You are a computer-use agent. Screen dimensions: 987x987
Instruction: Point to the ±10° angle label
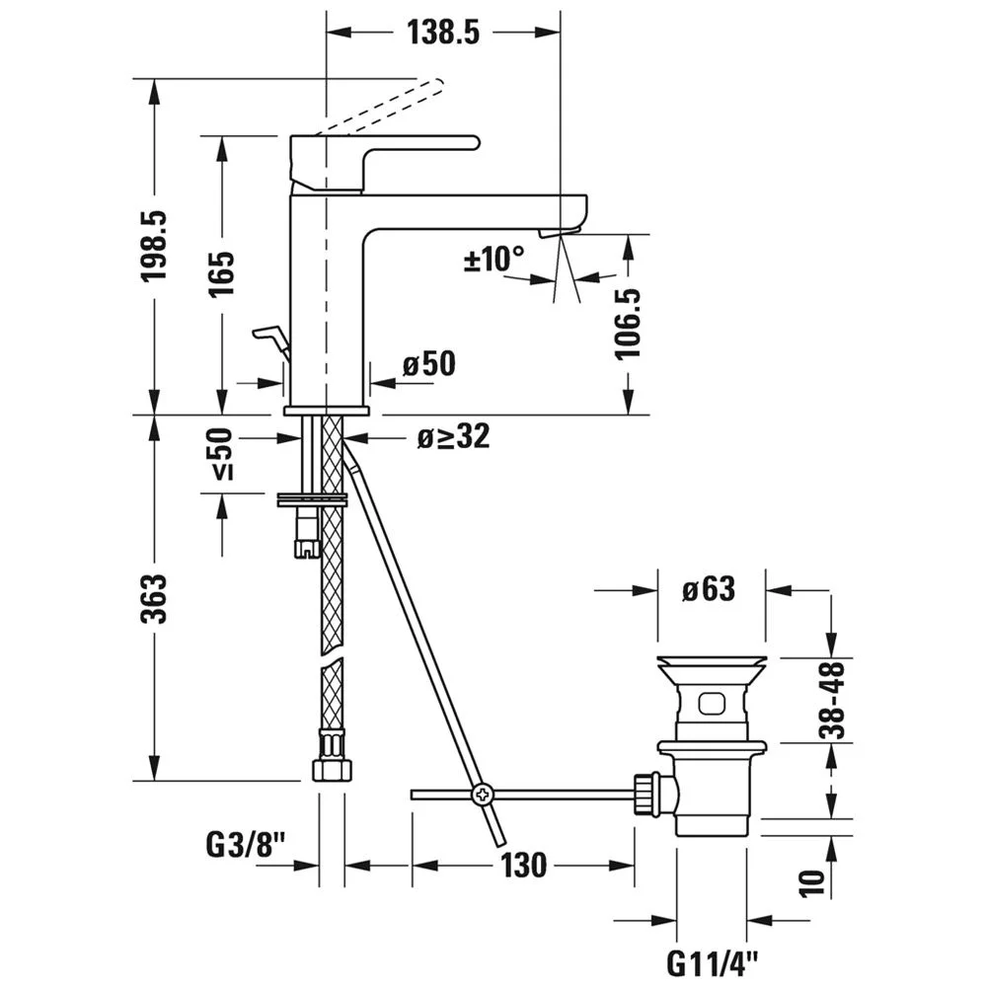point(494,260)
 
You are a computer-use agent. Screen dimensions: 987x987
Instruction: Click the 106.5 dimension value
point(628,323)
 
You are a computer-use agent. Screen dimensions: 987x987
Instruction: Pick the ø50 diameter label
point(429,364)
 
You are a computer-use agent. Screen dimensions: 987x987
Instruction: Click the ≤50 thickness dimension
point(221,454)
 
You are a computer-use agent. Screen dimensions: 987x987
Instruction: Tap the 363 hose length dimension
point(155,598)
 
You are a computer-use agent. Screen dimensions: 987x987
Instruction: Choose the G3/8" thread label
point(246,845)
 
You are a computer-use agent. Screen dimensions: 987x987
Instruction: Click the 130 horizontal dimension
point(522,866)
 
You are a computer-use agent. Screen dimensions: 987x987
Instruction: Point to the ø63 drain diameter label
point(708,590)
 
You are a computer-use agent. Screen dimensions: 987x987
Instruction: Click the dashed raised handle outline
point(380,105)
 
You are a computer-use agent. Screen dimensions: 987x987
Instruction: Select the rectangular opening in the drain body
point(712,704)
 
